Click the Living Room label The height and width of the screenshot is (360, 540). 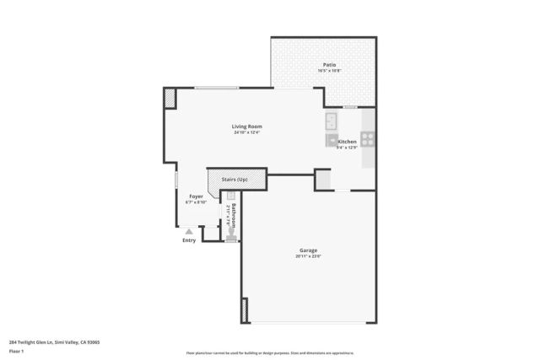tap(247, 126)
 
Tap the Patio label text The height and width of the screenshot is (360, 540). tap(330, 65)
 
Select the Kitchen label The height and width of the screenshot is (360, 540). tap(347, 142)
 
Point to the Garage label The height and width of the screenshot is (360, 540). tap(308, 250)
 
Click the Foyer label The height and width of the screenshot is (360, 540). tap(196, 196)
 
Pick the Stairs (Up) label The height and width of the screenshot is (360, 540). tap(235, 180)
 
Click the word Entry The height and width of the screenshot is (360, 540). tap(189, 240)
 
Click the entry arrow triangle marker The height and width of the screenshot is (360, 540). tap(189, 231)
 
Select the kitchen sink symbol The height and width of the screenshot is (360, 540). tap(332, 119)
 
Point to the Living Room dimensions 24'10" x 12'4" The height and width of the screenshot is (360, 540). tap(247, 132)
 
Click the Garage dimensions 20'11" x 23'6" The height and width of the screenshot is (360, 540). tap(308, 256)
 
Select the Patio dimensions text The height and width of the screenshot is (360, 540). tap(330, 71)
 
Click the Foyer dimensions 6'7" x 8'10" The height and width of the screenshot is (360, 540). tap(196, 202)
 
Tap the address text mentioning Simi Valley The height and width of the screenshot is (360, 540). tap(54, 342)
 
